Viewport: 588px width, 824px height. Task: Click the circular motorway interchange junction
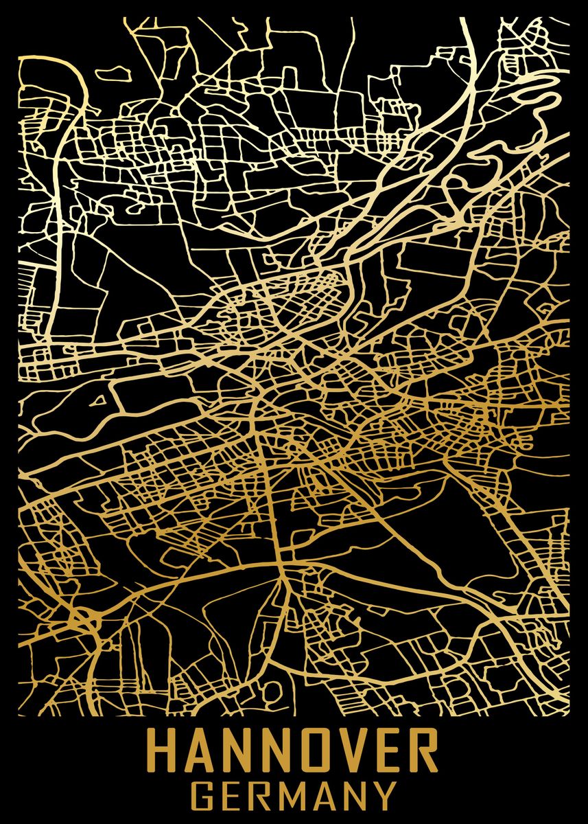point(83,617)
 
